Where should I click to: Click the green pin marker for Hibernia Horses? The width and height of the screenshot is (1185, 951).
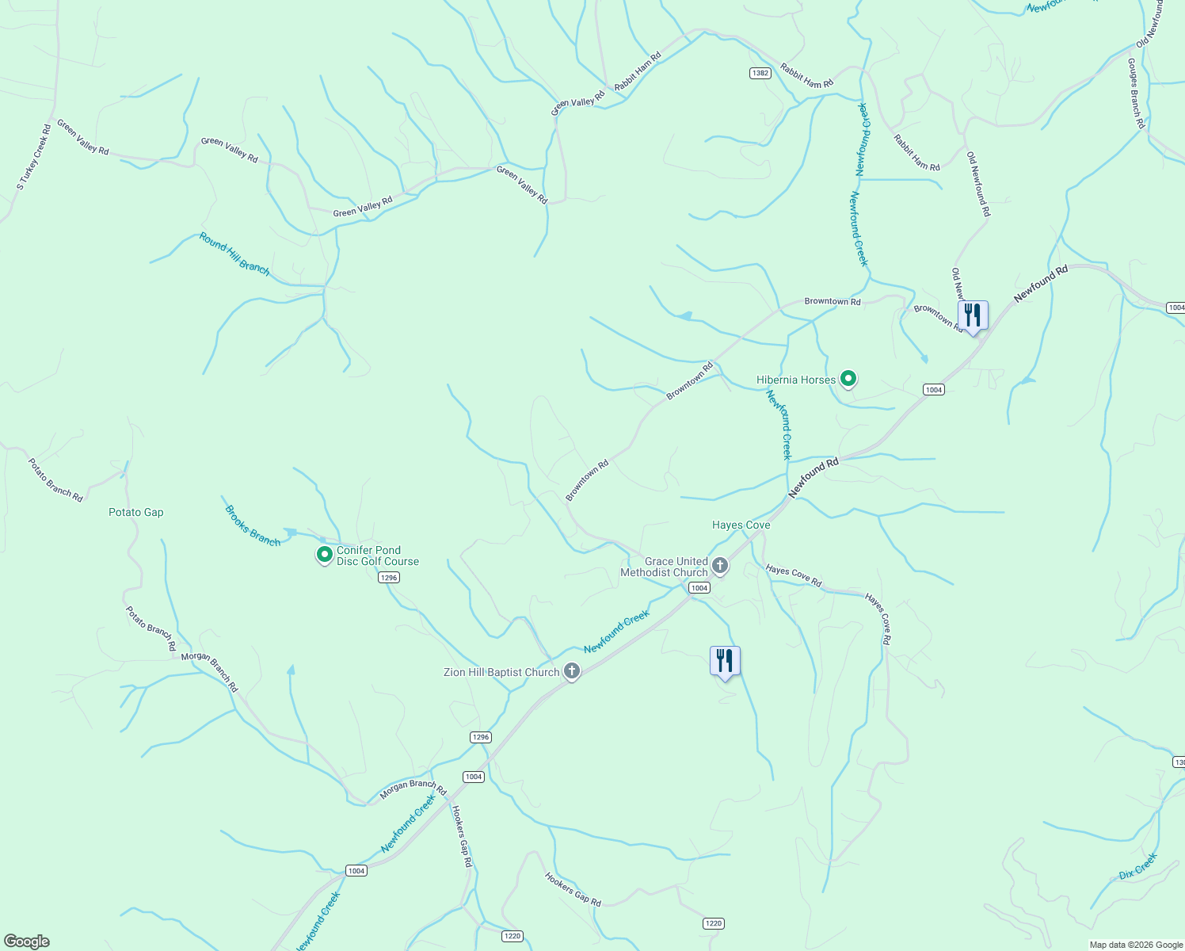848,380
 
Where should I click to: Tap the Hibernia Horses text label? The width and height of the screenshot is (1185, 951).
795,380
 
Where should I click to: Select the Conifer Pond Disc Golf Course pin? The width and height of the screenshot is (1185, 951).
324,555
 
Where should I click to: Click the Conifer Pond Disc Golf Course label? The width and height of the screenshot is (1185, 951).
378,556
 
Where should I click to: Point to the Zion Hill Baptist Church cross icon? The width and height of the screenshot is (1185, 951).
572,672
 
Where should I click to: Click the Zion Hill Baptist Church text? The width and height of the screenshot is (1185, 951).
501,672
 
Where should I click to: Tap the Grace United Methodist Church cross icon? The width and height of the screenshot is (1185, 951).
720,566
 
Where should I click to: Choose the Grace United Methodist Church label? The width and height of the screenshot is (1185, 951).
665,567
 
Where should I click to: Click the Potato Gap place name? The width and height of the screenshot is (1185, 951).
136,513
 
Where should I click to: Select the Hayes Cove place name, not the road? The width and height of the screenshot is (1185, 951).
741,525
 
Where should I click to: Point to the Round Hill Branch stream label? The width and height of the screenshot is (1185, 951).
234,254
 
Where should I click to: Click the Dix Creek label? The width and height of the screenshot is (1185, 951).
1138,865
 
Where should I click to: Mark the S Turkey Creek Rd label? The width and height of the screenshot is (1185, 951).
34,157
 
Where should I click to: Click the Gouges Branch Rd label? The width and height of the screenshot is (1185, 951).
1137,94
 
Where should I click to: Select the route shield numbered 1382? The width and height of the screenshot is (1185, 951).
760,73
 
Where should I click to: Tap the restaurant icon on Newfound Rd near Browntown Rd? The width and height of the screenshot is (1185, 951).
973,315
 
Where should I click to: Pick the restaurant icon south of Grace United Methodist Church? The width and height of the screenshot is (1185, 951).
725,661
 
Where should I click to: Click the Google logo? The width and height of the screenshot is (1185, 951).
26,941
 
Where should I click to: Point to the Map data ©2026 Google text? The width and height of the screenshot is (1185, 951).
1136,945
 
